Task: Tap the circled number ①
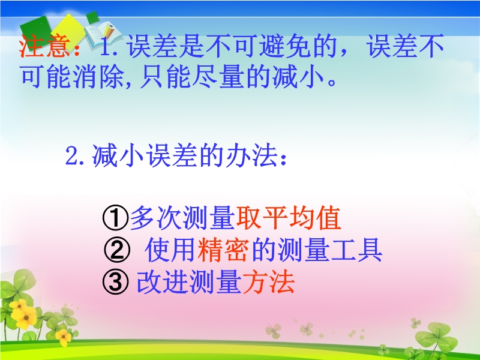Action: click(x=115, y=218)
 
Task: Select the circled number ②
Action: click(x=116, y=250)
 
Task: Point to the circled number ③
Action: click(x=115, y=282)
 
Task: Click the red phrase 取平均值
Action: click(x=289, y=218)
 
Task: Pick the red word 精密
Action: click(x=223, y=250)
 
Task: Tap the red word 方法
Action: click(x=268, y=281)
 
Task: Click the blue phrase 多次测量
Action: click(x=182, y=218)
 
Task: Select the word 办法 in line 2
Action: click(x=251, y=156)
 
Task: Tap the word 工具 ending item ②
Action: click(x=356, y=250)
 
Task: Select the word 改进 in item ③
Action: click(x=162, y=281)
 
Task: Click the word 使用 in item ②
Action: click(x=170, y=250)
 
